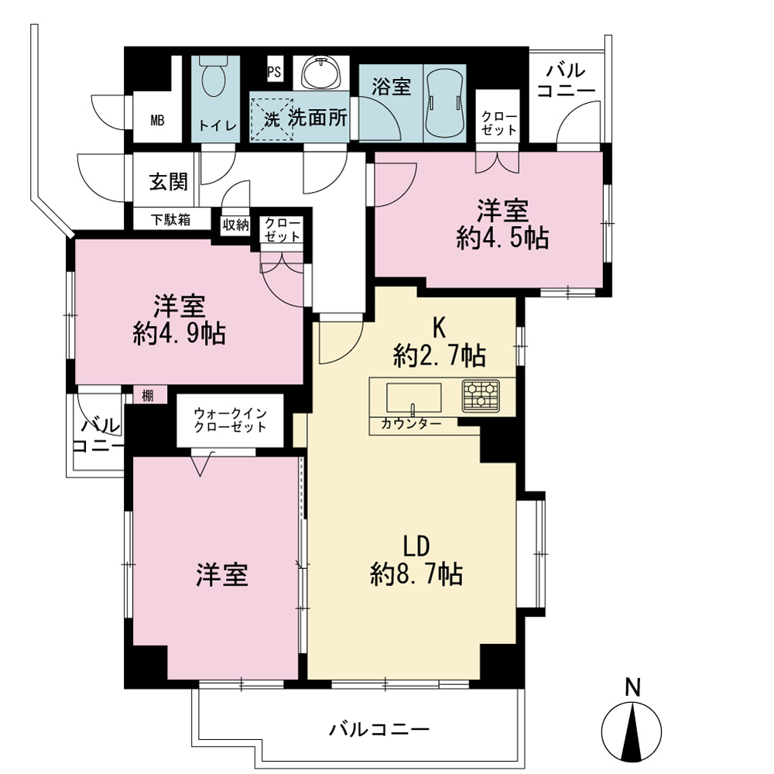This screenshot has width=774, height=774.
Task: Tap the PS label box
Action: pyautogui.click(x=274, y=72)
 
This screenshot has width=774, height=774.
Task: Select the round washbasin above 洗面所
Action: pyautogui.click(x=321, y=73)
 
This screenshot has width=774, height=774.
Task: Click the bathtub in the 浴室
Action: pyautogui.click(x=445, y=104)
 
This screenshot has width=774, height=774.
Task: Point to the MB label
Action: pyautogui.click(x=157, y=120)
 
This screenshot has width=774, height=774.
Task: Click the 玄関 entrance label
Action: pyautogui.click(x=169, y=182)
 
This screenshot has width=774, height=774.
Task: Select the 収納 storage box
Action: pyautogui.click(x=235, y=225)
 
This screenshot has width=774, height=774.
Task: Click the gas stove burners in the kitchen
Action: pyautogui.click(x=481, y=396)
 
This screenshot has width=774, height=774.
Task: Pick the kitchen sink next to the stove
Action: pyautogui.click(x=413, y=398)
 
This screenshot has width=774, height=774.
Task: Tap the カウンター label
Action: pyautogui.click(x=411, y=423)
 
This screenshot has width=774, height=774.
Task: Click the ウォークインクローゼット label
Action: pyautogui.click(x=230, y=420)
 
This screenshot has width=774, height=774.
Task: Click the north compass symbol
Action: pyautogui.click(x=632, y=726)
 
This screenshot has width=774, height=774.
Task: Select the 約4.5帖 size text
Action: pyautogui.click(x=502, y=238)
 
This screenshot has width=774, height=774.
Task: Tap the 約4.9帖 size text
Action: pyautogui.click(x=180, y=334)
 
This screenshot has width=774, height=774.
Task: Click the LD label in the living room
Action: pyautogui.click(x=416, y=546)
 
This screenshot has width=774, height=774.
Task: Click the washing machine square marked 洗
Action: pyautogui.click(x=272, y=119)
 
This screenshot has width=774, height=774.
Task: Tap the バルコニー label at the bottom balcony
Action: pyautogui.click(x=379, y=728)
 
